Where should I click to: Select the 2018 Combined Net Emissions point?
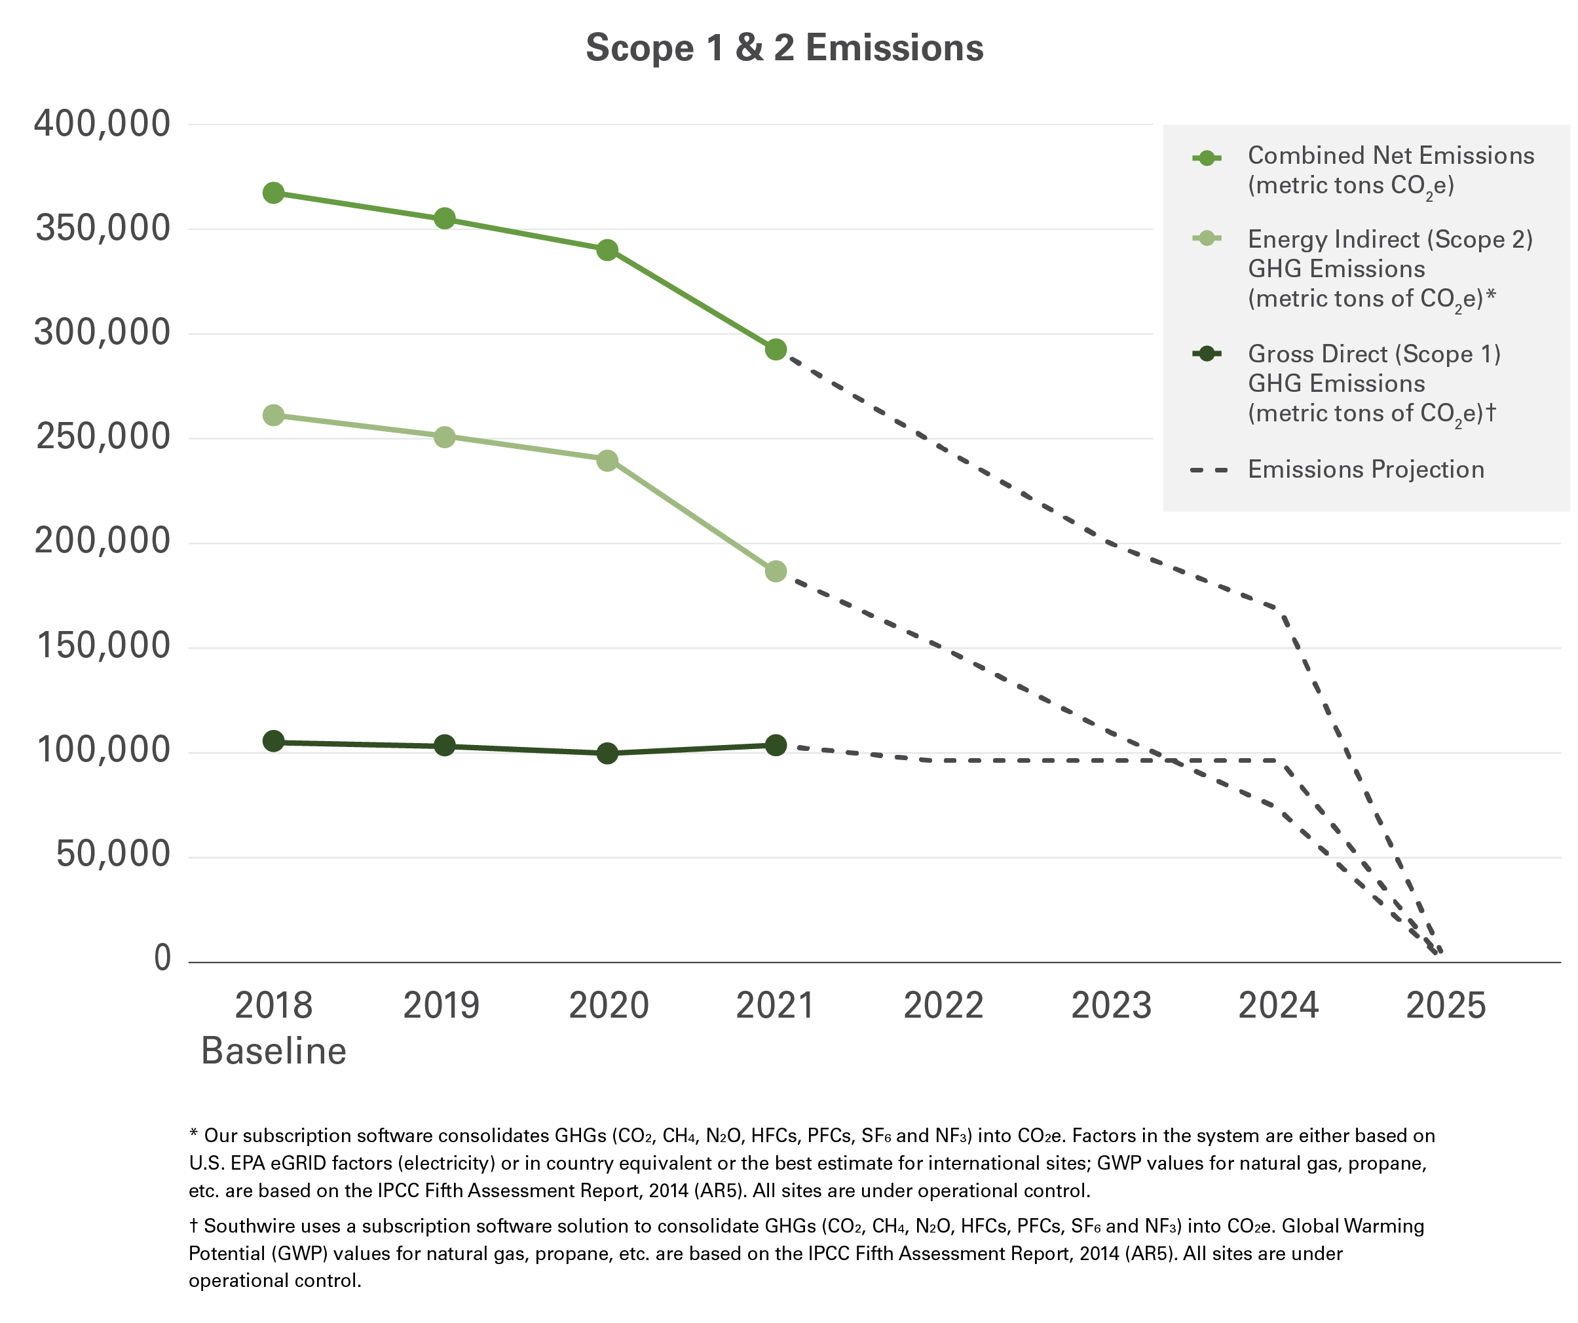tap(274, 193)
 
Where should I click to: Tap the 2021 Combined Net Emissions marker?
tap(776, 349)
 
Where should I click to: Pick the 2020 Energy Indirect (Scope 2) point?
tap(607, 460)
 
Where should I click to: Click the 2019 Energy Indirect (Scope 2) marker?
tap(444, 436)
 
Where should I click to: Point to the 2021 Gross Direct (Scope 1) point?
tap(776, 745)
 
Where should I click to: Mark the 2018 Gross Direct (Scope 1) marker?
tap(274, 741)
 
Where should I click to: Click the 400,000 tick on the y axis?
tap(102, 124)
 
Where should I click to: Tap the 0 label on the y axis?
tap(162, 959)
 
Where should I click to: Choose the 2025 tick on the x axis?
tap(1445, 1006)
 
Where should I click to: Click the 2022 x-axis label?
tap(943, 1006)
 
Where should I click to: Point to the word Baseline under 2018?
tap(274, 1051)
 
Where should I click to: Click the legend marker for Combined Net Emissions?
tap(1206, 158)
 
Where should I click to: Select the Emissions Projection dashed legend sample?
tap(1209, 470)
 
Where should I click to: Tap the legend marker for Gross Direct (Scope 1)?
tap(1206, 353)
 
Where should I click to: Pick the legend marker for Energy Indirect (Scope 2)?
tap(1206, 239)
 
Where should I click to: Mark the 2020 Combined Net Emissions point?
tap(607, 250)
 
